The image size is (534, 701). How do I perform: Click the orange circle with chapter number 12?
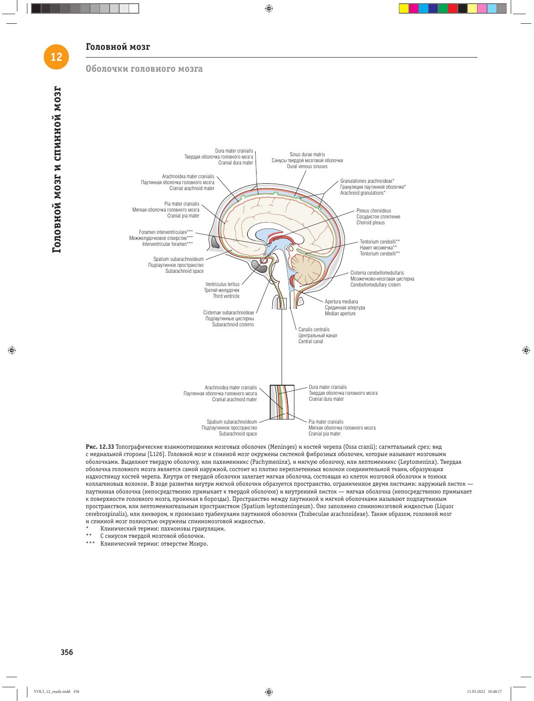coord(56,57)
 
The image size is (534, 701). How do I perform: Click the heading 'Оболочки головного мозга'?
coord(144,69)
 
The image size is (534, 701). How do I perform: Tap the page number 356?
coord(67,652)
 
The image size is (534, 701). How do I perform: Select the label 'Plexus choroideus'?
coord(373,211)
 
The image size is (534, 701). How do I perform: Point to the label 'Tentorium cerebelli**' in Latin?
coord(380,241)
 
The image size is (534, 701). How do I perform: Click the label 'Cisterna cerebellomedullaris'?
coord(377,272)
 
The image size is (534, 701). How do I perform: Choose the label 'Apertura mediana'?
coord(341,301)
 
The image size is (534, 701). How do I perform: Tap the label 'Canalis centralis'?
coord(314,329)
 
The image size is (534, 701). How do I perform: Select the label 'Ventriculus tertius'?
coord(222,284)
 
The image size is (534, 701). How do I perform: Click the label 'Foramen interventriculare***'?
coord(166,232)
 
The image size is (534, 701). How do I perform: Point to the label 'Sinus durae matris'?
coord(307,154)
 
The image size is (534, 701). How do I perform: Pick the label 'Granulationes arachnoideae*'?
coord(367,181)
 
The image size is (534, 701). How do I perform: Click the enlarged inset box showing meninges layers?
coord(282,402)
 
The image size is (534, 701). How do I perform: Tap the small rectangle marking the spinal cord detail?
coord(282,303)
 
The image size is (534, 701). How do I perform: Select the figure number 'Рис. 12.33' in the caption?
coord(100,446)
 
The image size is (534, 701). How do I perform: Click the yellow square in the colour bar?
coord(404,8)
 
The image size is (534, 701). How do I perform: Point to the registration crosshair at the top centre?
coord(269,8)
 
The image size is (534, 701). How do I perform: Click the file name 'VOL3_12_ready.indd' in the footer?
coord(52,691)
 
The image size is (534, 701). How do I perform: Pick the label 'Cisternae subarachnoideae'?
coord(228,312)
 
